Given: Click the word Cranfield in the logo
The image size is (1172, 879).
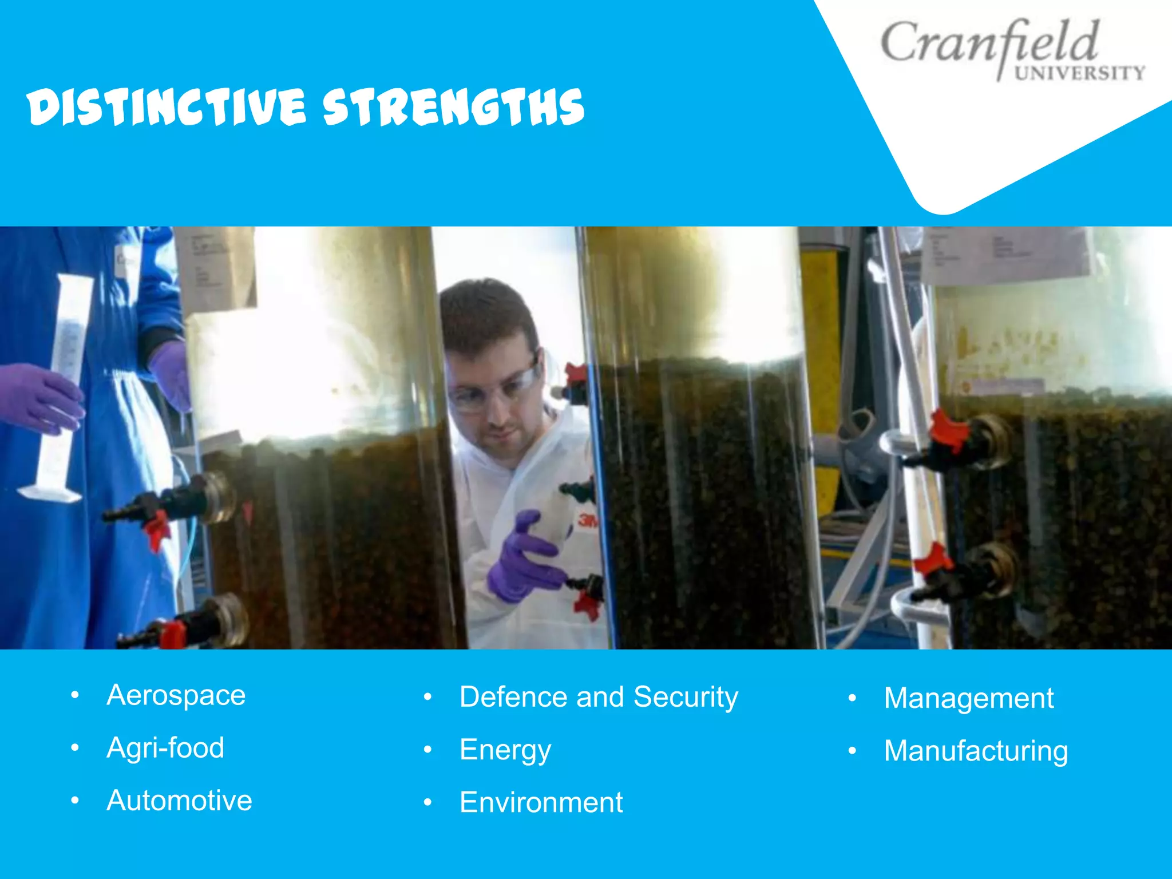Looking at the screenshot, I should [x=989, y=43].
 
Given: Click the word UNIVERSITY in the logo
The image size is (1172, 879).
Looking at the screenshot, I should [x=1079, y=73].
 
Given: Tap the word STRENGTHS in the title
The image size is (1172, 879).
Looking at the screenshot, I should [x=453, y=107].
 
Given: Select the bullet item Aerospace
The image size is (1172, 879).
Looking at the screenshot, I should [x=176, y=696].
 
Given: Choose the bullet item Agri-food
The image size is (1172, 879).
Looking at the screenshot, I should [x=165, y=748].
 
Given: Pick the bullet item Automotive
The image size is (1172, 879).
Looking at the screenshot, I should [x=179, y=801].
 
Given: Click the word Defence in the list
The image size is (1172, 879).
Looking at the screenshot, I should [x=514, y=697].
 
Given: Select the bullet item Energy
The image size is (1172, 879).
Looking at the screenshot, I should [x=505, y=750].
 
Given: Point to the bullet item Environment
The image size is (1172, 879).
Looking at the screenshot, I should [x=541, y=802].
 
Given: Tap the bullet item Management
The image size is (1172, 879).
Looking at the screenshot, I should [x=968, y=699].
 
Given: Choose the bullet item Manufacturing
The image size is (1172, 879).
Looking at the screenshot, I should [x=976, y=751].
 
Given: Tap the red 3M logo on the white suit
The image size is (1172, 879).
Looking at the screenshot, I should [x=587, y=520].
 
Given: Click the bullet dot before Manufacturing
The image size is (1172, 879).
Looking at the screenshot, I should [x=852, y=751].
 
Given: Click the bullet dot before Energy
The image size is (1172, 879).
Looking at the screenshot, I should [x=427, y=750].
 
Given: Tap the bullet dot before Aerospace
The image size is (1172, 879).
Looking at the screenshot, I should [x=74, y=696].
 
